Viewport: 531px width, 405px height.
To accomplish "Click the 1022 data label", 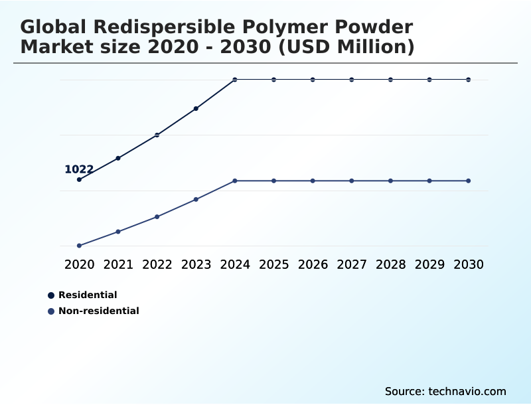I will (x=79, y=169).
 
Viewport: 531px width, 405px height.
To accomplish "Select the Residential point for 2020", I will (x=80, y=179).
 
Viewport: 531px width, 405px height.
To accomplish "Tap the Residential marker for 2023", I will (x=196, y=108).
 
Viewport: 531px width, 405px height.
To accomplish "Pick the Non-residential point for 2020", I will (x=80, y=246).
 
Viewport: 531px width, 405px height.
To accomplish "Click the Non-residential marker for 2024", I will (x=235, y=181).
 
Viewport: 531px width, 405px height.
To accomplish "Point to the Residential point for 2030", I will (x=469, y=80).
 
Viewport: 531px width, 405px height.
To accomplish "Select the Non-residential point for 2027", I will (x=352, y=181).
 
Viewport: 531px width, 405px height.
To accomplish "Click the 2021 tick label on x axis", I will (x=118, y=264).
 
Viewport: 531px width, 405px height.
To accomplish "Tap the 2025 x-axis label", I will (x=273, y=264).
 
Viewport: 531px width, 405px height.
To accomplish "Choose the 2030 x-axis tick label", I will (x=469, y=264).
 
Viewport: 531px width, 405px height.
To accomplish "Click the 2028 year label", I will (x=390, y=264).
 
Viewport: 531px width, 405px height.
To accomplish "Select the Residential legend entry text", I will (x=88, y=295).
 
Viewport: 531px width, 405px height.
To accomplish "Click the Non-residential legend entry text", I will (x=99, y=311).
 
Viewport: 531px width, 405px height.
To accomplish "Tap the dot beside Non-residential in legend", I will (x=51, y=311).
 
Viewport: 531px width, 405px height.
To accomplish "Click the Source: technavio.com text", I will (x=445, y=391).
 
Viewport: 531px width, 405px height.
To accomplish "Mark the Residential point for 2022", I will (x=157, y=135).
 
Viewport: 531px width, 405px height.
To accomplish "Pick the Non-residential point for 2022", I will (x=157, y=216).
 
